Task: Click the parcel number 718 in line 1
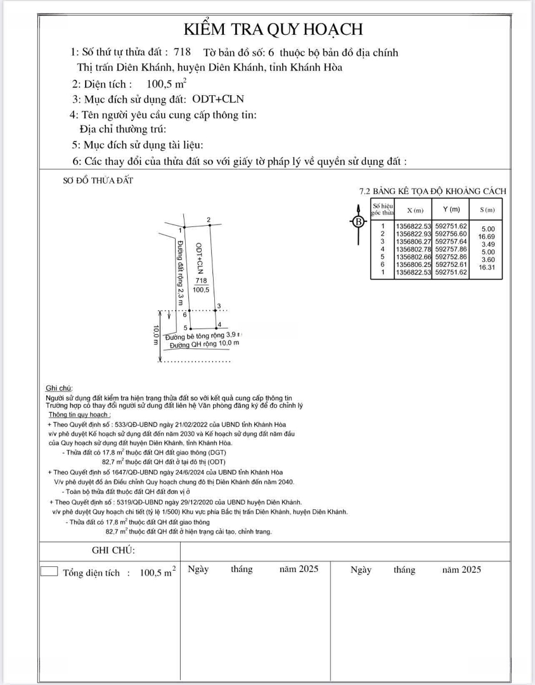(x=182, y=53)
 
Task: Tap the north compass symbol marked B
(x=358, y=221)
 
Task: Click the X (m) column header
(x=415, y=210)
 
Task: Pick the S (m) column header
(x=487, y=210)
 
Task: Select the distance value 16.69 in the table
(x=487, y=237)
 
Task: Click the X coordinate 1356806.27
(x=413, y=242)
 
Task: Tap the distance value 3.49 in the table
(x=487, y=244)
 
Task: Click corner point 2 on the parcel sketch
(x=209, y=220)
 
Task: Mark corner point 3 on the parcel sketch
(x=219, y=306)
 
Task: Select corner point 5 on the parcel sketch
(x=184, y=327)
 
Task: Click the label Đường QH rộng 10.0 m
(x=205, y=344)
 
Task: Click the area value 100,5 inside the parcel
(x=202, y=289)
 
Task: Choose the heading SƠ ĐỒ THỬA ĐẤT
(x=98, y=181)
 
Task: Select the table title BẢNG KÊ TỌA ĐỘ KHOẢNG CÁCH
(x=438, y=191)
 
